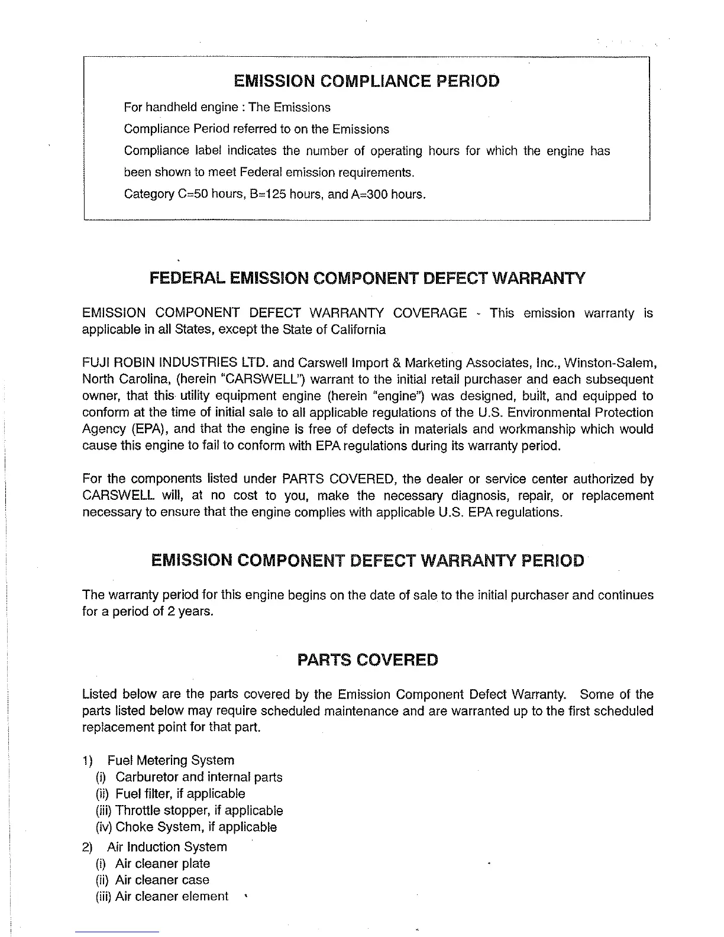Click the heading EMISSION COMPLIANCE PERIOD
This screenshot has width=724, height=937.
pyautogui.click(x=367, y=81)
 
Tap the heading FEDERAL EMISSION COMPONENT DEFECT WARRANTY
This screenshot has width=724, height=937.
pyautogui.click(x=367, y=278)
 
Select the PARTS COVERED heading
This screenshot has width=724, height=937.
pyautogui.click(x=367, y=660)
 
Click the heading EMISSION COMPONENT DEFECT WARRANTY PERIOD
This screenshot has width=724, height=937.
pyautogui.click(x=367, y=560)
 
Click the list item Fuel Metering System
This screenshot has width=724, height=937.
pyautogui.click(x=171, y=760)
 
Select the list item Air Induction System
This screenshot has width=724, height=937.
pyautogui.click(x=167, y=847)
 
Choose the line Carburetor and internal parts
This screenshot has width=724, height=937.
pyautogui.click(x=199, y=777)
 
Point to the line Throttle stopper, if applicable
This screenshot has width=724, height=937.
pyautogui.click(x=199, y=810)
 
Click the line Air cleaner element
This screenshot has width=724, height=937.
pyautogui.click(x=172, y=897)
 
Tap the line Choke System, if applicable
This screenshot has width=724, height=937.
pyautogui.click(x=196, y=827)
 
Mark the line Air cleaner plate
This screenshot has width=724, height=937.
pyautogui.click(x=163, y=864)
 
